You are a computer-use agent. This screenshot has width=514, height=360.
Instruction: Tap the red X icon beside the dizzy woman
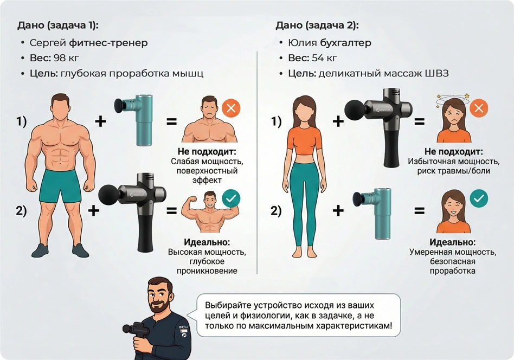(x=478, y=108)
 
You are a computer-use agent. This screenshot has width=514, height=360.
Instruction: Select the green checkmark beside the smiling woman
(x=478, y=198)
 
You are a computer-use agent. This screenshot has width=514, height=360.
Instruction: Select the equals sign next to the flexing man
(x=172, y=210)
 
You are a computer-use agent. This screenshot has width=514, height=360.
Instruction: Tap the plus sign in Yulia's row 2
(x=338, y=210)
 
